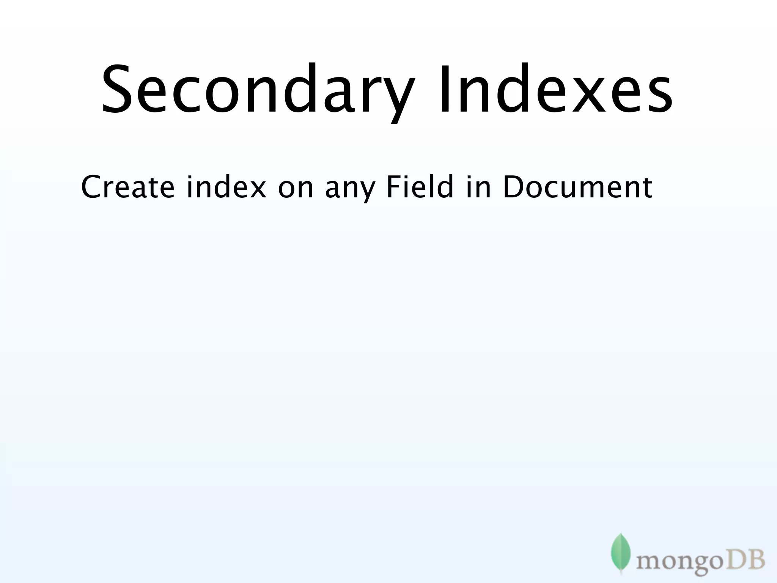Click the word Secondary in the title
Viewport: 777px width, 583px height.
[x=258, y=89]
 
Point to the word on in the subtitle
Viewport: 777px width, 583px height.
[x=296, y=188]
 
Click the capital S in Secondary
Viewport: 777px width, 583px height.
[x=117, y=89]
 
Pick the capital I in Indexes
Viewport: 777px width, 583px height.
[x=444, y=89]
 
